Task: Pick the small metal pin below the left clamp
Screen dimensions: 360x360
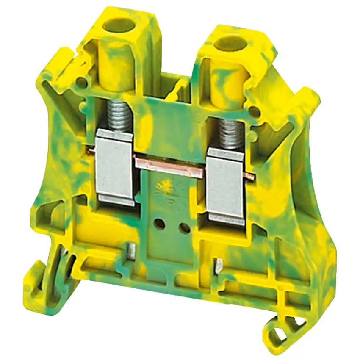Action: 132,250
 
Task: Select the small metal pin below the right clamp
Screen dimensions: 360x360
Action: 219,265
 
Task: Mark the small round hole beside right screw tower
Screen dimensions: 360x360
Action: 253,111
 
